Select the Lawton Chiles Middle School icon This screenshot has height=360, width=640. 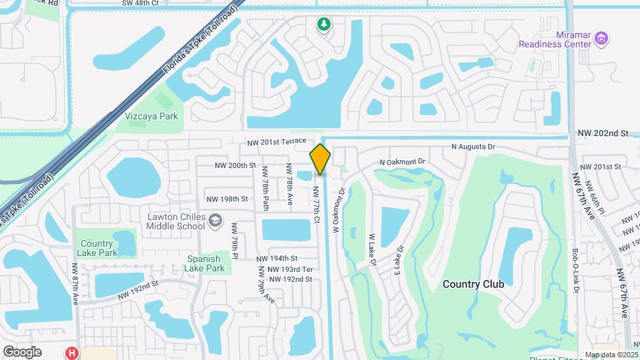coord(215,221)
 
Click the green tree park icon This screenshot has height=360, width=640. coord(324,25)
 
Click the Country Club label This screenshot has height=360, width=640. coord(473,284)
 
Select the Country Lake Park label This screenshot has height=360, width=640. coord(98,247)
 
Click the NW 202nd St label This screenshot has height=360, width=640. coord(603,133)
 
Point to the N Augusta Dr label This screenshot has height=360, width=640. coord(473,146)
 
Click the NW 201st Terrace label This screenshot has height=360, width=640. coord(276,141)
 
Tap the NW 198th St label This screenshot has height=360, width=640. coord(227,199)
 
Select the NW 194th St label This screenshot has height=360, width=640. coord(277,258)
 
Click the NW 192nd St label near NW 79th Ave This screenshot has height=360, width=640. coord(290,279)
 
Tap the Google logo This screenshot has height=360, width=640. coord(22,351)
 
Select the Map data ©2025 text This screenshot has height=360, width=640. coord(611,355)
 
